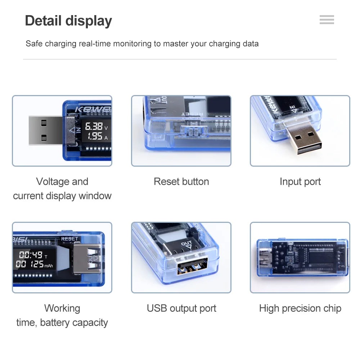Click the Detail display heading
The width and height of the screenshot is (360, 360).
(68, 21)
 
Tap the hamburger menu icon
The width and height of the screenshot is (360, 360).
(327, 20)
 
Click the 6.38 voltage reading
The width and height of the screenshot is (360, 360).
(94, 126)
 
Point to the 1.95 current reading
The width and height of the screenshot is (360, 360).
(95, 136)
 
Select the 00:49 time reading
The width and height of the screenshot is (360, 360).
(31, 255)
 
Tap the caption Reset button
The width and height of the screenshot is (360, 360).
(181, 181)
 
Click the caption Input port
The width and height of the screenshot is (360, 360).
(300, 181)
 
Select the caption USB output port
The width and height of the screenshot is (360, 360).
(181, 308)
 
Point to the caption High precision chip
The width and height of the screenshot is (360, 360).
(300, 308)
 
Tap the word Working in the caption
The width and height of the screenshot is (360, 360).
(62, 308)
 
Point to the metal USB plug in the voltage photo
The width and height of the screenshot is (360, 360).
(45, 130)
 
